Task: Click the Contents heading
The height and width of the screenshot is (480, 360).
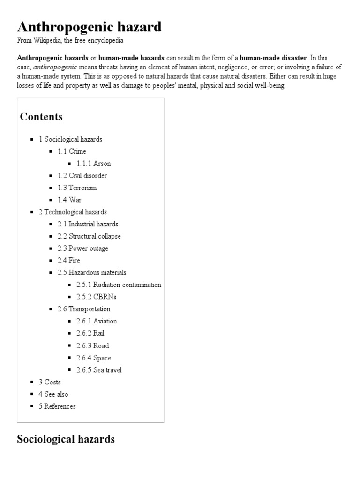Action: [x=41, y=116]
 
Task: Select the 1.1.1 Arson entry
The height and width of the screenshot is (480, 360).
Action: [x=94, y=164]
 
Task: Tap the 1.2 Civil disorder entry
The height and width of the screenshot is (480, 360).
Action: [x=82, y=176]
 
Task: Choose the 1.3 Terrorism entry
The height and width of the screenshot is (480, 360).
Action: [x=77, y=188]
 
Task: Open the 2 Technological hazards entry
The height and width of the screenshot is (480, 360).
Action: [x=73, y=212]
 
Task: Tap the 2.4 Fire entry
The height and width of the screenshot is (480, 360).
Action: [x=69, y=261]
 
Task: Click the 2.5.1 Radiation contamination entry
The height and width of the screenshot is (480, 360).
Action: [x=119, y=285]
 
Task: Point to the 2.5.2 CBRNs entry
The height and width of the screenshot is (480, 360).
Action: [x=97, y=297]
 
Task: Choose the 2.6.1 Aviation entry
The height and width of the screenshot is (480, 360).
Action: [x=97, y=321]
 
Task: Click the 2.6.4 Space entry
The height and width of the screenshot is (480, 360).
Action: [x=94, y=358]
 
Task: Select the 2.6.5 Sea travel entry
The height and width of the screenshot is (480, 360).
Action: [x=99, y=370]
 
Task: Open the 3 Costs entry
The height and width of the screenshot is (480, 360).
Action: [x=50, y=382]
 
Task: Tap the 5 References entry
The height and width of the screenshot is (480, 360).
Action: [x=57, y=406]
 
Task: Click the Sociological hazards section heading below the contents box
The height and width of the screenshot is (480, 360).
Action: [x=66, y=439]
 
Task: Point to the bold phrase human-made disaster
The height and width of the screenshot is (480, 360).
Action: [x=273, y=58]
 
